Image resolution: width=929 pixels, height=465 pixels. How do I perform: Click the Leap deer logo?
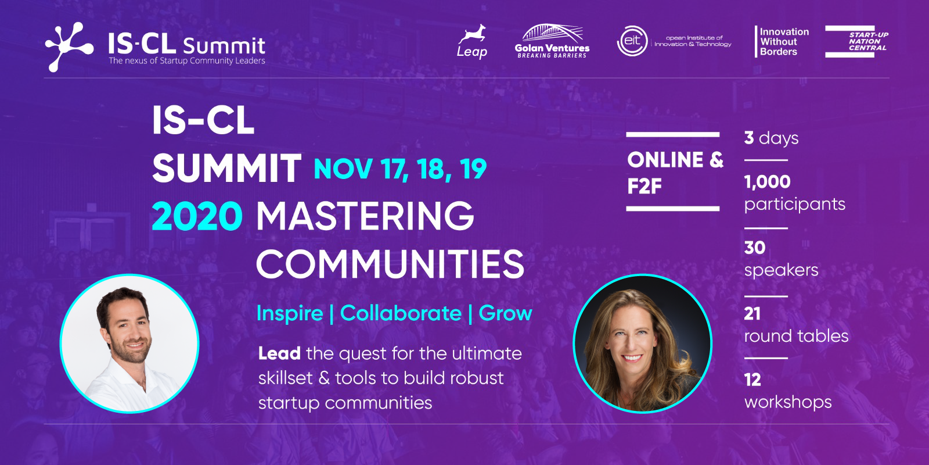(x=472, y=41)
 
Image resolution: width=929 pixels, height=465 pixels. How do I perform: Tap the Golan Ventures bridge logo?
(x=552, y=41)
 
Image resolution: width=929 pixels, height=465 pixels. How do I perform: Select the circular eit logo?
(x=632, y=41)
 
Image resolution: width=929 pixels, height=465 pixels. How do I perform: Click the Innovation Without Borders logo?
(x=782, y=41)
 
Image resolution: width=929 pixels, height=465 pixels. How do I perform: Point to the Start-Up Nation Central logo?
(x=856, y=41)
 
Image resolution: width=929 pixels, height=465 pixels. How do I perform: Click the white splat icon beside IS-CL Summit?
(x=69, y=47)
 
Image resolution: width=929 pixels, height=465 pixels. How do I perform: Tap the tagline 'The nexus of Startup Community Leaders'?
(x=186, y=60)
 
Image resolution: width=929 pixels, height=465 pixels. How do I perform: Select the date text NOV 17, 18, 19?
(x=400, y=169)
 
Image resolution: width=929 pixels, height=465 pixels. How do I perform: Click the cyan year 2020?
(x=197, y=216)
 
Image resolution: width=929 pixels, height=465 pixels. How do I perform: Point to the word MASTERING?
(x=365, y=216)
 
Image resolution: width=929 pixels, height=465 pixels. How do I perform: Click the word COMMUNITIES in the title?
(x=390, y=264)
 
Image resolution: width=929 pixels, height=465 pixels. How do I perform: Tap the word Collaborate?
(x=401, y=313)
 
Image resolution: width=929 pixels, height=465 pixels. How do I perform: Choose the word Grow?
(x=505, y=313)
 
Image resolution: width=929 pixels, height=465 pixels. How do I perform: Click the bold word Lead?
(x=279, y=353)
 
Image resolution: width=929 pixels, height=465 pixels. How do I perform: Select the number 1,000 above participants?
(x=767, y=182)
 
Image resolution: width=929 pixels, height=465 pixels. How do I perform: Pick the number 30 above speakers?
(x=754, y=248)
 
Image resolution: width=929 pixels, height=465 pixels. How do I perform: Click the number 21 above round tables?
(x=752, y=314)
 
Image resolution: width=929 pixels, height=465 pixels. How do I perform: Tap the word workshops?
(x=787, y=402)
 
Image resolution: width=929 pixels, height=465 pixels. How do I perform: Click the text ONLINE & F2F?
(x=675, y=172)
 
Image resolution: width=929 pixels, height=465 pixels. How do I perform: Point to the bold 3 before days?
(x=748, y=138)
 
